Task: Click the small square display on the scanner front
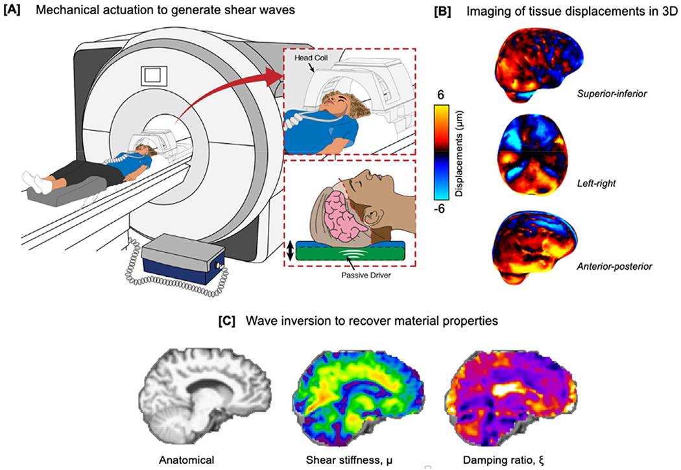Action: [152, 76]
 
